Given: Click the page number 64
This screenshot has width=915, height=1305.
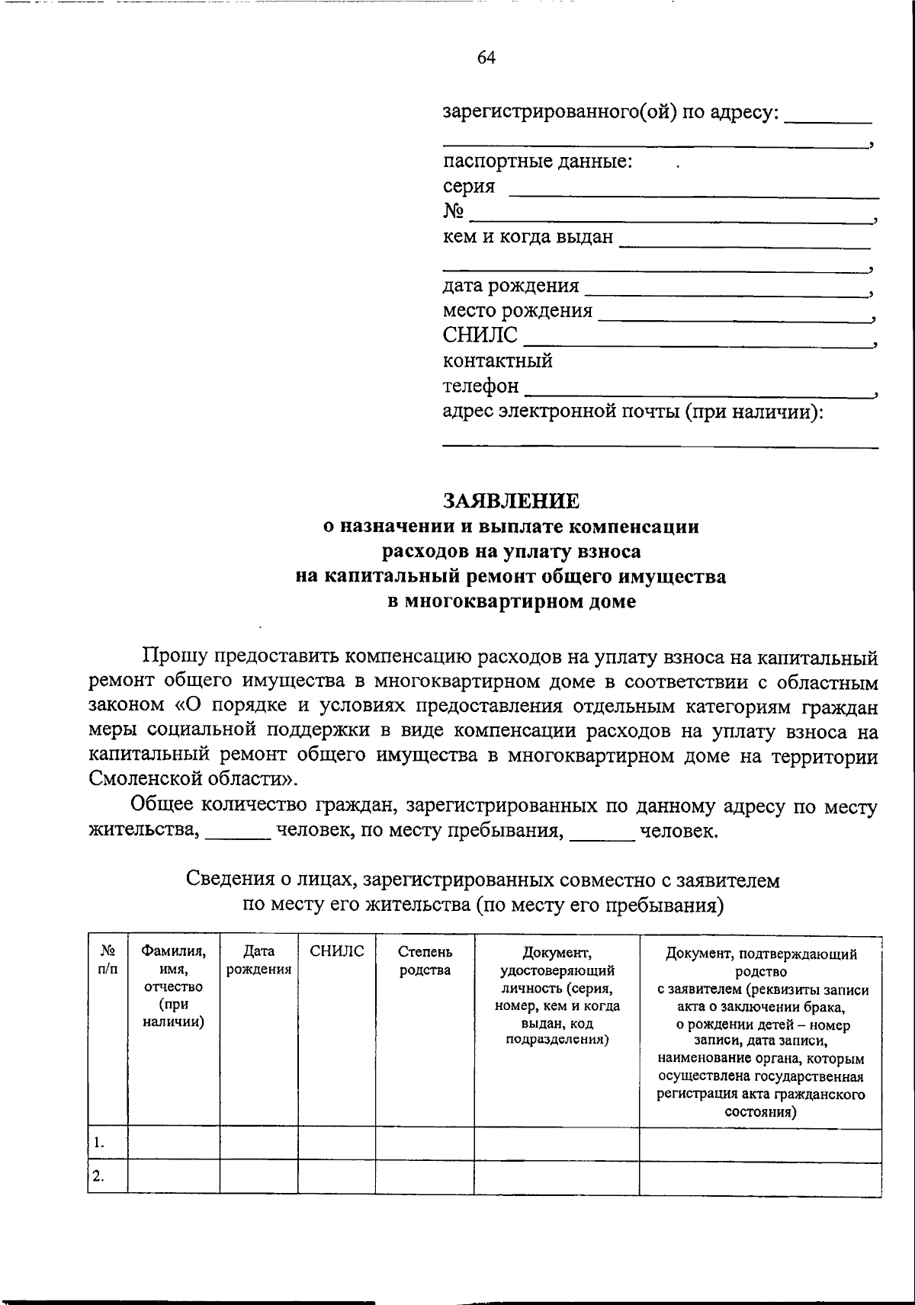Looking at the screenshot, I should pos(486,58).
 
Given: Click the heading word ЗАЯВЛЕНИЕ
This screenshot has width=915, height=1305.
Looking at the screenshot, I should pos(512,501).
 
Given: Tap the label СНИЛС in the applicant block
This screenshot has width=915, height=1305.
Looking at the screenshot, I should pos(480,335).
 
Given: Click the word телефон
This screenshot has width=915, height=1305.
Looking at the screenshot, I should pos(480,386).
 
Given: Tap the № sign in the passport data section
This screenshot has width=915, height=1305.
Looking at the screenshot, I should pos(454,212).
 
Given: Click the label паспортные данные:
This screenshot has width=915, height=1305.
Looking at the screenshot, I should pos(538,162).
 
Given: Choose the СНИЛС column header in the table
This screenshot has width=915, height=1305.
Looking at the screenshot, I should pos(336,951).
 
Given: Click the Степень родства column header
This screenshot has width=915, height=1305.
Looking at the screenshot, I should pos(425,960).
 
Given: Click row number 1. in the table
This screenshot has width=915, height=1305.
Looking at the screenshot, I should pos(99,1143).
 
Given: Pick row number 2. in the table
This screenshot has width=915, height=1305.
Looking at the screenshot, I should pos(99,1176).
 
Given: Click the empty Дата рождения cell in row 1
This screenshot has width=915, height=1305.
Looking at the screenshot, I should pos(258,1144).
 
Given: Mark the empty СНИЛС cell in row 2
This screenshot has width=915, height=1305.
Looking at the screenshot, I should pos(336,1177).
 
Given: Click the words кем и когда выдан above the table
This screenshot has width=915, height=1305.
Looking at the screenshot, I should pos(528,237).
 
